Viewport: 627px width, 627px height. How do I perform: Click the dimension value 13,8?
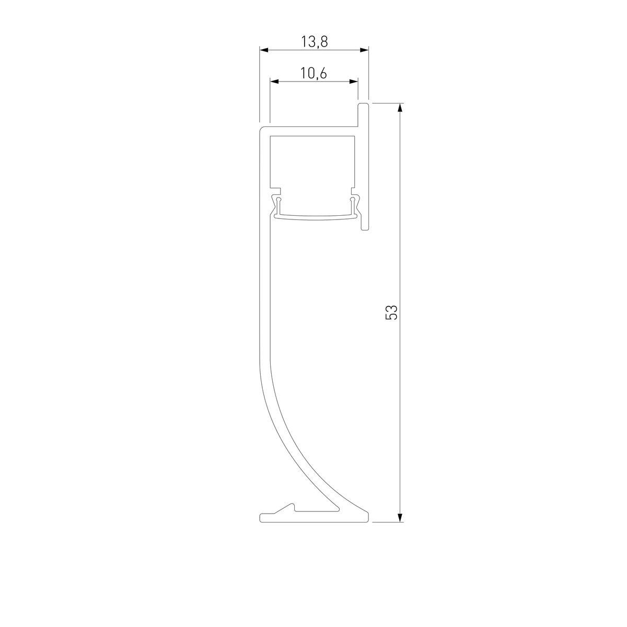(314, 42)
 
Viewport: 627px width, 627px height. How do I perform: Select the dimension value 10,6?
(313, 74)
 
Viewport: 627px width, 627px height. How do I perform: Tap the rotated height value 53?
(391, 312)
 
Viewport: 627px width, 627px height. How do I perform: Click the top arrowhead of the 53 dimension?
(400, 108)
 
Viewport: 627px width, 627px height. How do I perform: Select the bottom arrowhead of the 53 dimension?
(400, 517)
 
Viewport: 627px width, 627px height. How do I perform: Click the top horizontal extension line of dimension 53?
(387, 103)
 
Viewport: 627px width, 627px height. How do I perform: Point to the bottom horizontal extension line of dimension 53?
(387, 522)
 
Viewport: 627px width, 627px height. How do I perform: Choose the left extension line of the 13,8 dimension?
(260, 84)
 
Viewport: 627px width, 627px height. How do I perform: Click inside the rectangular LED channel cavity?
(313, 162)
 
